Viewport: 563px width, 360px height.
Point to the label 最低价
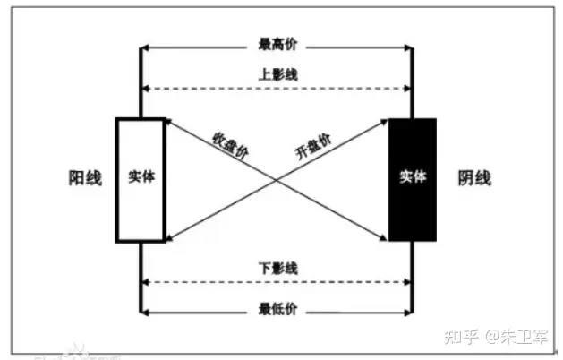[277, 309]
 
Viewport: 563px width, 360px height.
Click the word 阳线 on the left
[85, 177]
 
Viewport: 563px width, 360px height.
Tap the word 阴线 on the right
[474, 177]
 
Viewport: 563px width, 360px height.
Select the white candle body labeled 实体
[141, 179]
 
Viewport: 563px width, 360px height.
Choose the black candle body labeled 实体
[413, 179]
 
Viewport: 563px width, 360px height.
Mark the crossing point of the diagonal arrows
[277, 181]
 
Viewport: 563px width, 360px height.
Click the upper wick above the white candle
[141, 81]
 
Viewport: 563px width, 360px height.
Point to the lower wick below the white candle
[141, 278]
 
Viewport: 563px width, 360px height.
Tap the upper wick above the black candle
[412, 81]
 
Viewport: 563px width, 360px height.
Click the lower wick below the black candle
[412, 278]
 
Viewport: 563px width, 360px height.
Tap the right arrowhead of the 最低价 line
[406, 310]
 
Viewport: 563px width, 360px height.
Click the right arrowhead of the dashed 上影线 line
[406, 88]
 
